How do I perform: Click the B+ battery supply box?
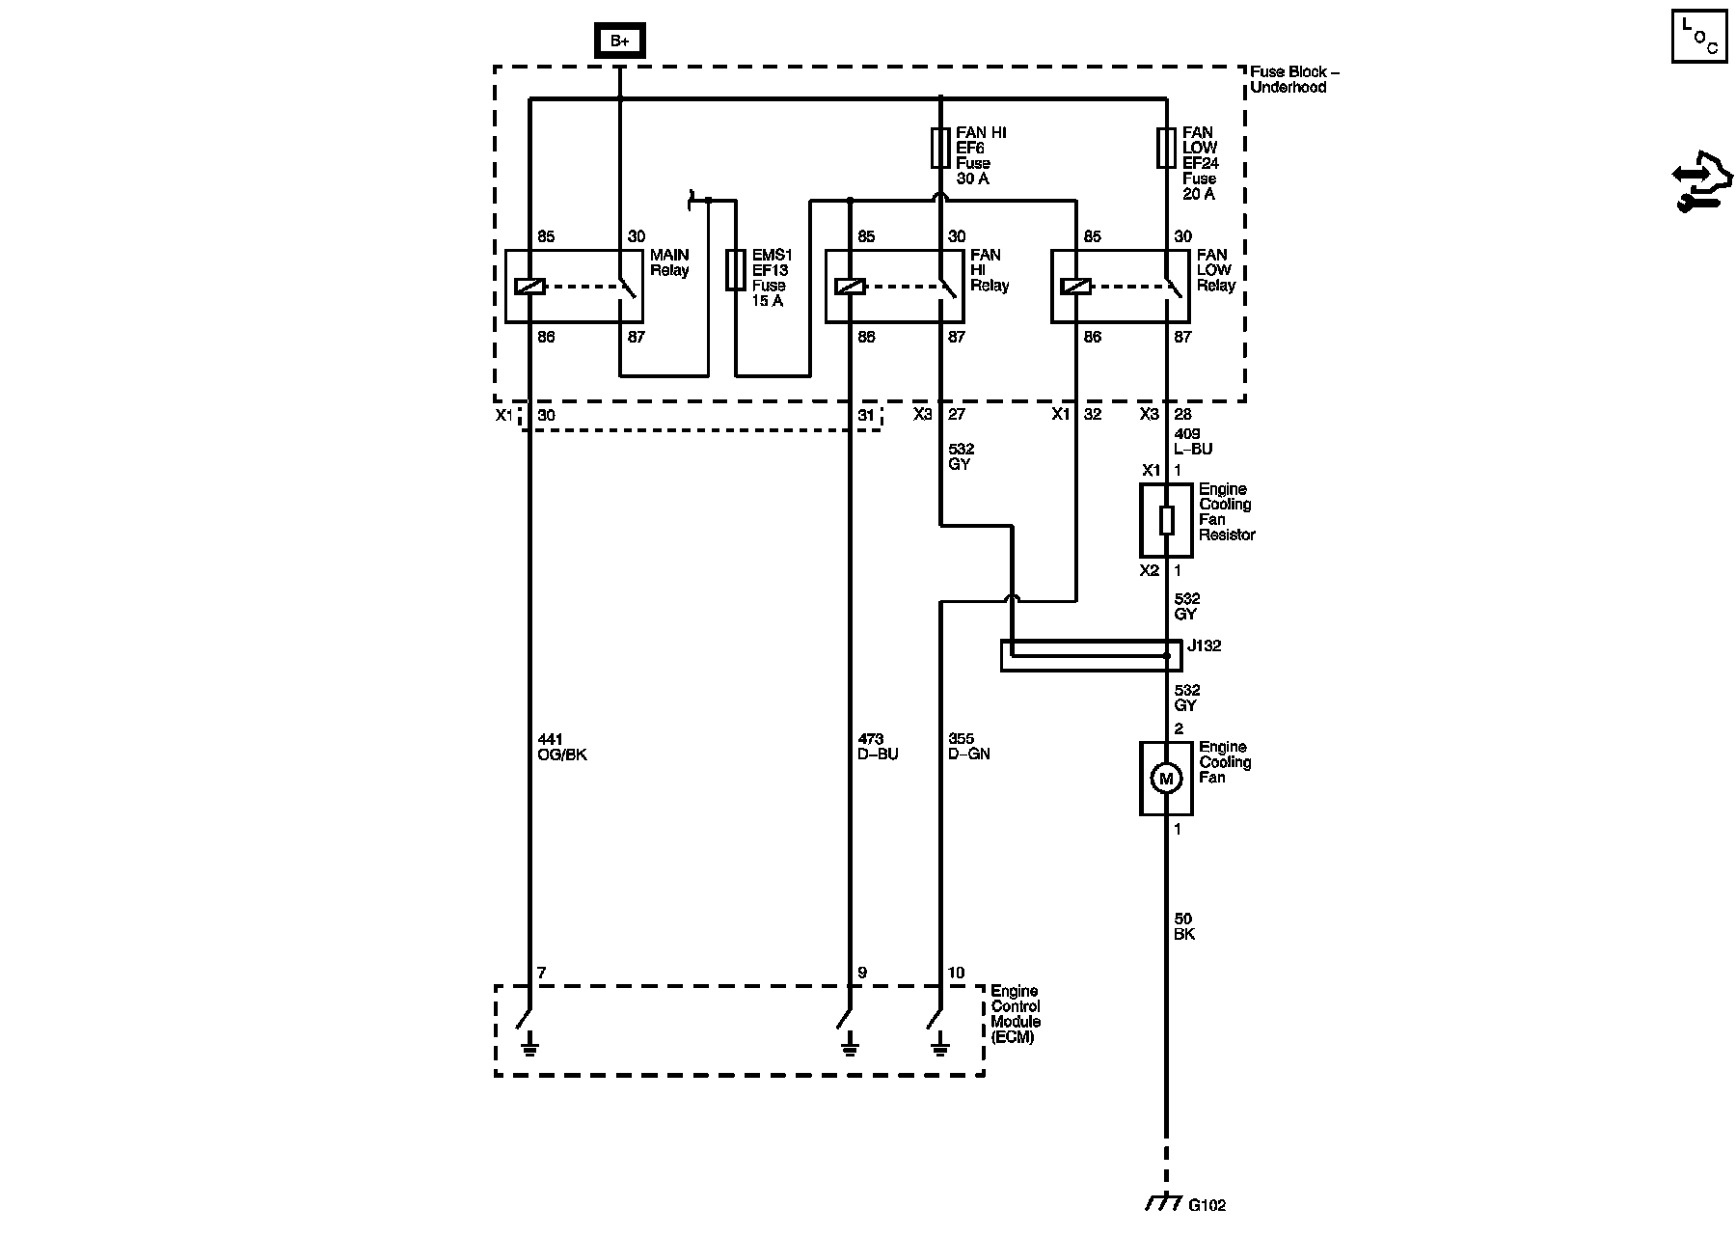(619, 41)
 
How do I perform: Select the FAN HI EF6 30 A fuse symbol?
(940, 149)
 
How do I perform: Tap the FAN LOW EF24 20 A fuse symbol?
(1166, 149)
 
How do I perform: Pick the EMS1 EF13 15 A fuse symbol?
(735, 270)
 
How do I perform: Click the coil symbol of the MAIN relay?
(529, 287)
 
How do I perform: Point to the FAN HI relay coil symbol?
(850, 287)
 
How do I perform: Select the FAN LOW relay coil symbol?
(1075, 287)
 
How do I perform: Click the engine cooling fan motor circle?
(1166, 779)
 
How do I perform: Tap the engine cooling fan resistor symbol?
(1166, 521)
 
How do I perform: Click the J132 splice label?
(1205, 646)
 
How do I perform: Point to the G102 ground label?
(1207, 1205)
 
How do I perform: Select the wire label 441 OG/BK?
(561, 747)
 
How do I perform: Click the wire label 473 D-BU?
(878, 747)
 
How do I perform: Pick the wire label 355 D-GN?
(969, 747)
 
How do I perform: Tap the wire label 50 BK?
(1184, 926)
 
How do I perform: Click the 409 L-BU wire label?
(1193, 441)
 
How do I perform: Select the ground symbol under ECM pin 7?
(529, 1046)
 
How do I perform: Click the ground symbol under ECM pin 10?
(939, 1046)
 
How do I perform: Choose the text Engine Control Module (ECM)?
(1016, 1014)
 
